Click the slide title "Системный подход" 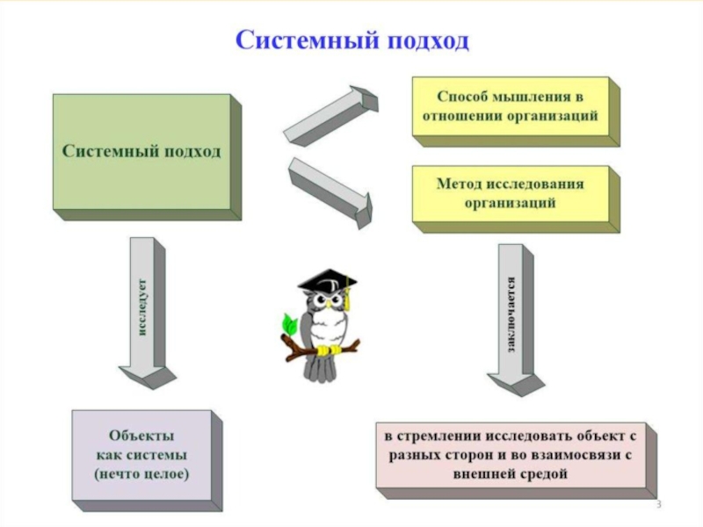[351, 40]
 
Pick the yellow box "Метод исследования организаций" [511, 193]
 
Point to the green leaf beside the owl [287, 322]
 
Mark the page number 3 [658, 506]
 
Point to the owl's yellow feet [327, 350]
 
